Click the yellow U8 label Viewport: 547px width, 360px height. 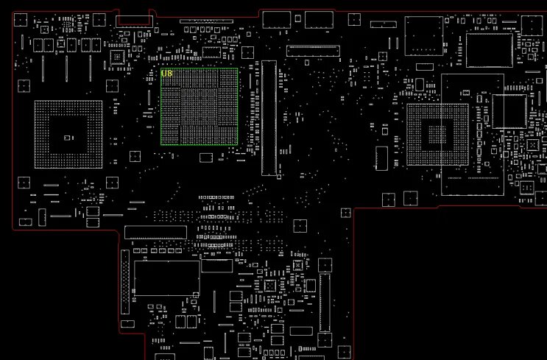pos(166,74)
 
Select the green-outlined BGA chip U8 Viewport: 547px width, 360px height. pos(200,106)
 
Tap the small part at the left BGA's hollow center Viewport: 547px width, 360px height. pos(68,138)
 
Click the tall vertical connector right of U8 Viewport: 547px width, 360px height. pos(269,118)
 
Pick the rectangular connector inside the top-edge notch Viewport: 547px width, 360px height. pos(133,18)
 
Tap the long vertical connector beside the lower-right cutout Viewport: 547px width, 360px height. pos(322,302)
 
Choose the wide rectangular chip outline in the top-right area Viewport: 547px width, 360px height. pos(489,50)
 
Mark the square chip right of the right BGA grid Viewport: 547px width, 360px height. pos(509,112)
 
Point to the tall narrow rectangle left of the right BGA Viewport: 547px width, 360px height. pos(381,156)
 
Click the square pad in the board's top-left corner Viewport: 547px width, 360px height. pos(23,19)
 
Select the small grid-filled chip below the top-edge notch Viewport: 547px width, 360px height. pos(117,57)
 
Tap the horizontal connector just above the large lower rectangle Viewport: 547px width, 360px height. pos(155,233)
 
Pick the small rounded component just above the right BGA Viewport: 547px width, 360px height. pos(425,66)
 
